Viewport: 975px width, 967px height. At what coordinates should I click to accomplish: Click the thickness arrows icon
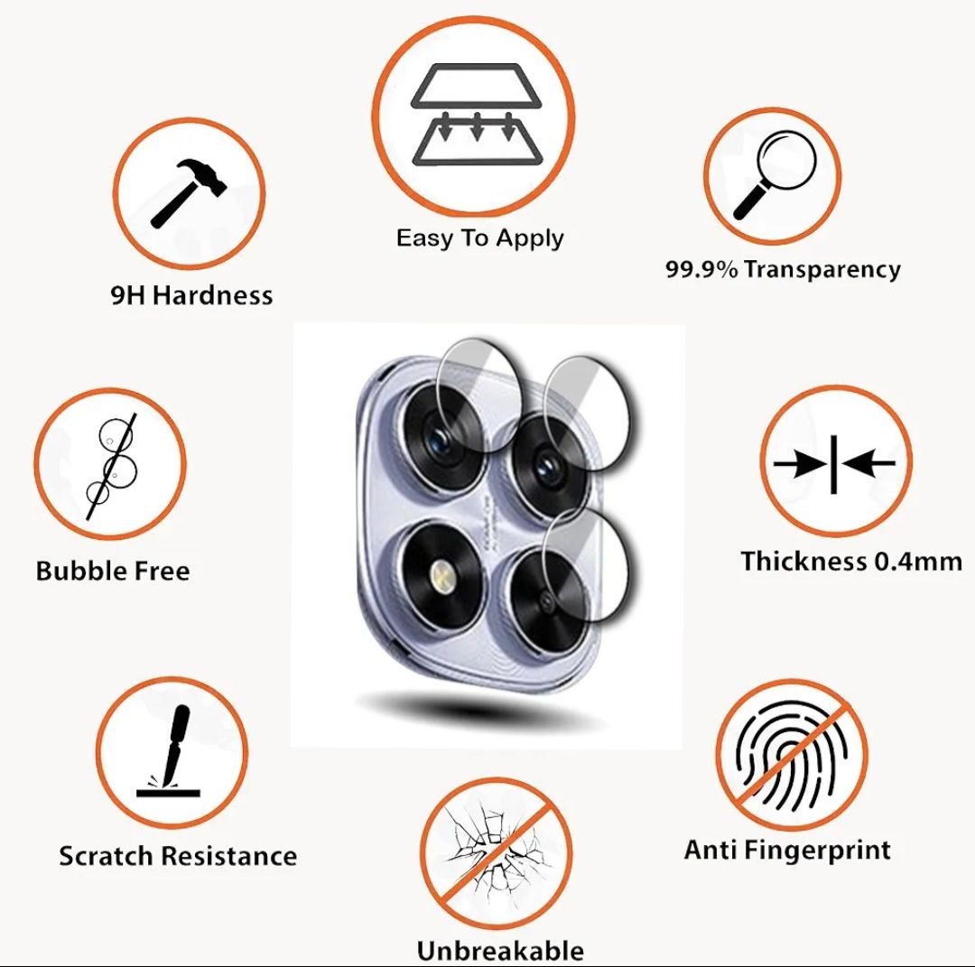(834, 464)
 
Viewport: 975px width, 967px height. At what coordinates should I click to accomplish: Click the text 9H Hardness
(191, 294)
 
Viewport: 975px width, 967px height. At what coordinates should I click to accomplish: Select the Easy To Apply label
(479, 238)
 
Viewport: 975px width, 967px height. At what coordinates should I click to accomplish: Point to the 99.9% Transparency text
(783, 268)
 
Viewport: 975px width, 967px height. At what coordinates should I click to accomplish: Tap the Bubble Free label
(113, 571)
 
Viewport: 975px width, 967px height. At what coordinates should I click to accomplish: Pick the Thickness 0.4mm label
(851, 561)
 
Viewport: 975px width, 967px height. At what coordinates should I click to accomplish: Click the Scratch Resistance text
(178, 855)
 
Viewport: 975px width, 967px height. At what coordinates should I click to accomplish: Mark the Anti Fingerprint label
(787, 850)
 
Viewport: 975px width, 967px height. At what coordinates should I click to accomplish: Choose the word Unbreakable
(500, 950)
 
